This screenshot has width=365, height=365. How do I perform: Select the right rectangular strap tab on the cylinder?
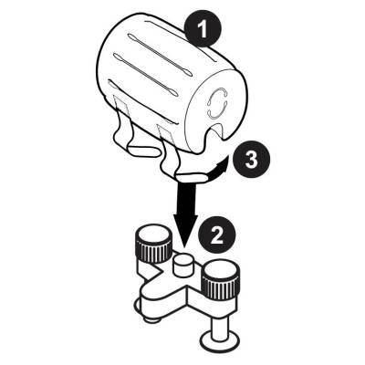(x=165, y=135)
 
